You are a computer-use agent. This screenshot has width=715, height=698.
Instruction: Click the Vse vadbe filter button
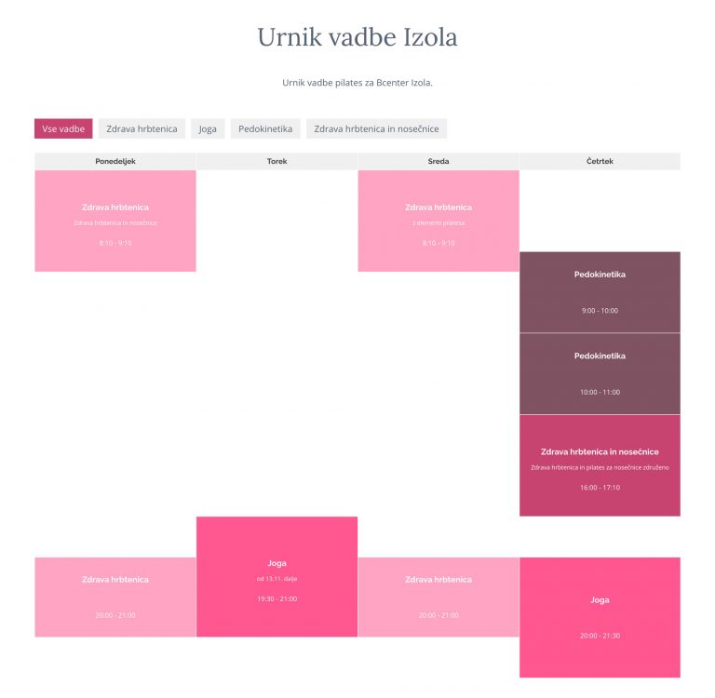[63, 128]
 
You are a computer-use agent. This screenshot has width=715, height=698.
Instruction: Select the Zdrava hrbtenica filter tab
[142, 128]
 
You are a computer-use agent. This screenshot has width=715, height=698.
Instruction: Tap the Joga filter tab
[208, 128]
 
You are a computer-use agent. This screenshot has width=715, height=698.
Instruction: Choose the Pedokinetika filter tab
[265, 128]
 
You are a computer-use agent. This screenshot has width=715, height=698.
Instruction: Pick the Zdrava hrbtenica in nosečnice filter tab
[376, 128]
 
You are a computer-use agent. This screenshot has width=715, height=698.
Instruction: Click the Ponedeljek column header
[115, 161]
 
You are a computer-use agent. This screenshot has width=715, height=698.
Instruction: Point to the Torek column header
[277, 161]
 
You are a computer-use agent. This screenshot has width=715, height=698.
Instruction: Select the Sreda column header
[438, 161]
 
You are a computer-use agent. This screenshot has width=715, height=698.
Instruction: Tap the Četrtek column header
[600, 161]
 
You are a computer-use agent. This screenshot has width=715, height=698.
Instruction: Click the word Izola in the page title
[430, 37]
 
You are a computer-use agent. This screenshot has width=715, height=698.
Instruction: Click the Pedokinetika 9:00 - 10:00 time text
[600, 311]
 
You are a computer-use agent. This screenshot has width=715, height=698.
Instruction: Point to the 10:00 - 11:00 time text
[600, 392]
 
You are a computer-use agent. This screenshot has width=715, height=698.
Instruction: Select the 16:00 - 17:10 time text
[600, 488]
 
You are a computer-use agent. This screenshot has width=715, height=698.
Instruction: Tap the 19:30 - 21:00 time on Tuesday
[277, 598]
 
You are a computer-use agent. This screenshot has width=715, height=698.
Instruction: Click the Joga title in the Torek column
[277, 563]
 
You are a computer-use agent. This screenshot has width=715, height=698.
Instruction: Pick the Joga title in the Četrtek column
[600, 600]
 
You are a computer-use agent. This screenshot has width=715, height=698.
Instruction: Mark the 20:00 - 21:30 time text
[600, 636]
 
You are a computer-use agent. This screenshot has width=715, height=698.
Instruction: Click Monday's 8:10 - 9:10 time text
[115, 243]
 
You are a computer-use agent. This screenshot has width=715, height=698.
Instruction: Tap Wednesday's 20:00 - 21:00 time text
[438, 615]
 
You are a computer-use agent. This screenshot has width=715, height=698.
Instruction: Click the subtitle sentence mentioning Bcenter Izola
[357, 83]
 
